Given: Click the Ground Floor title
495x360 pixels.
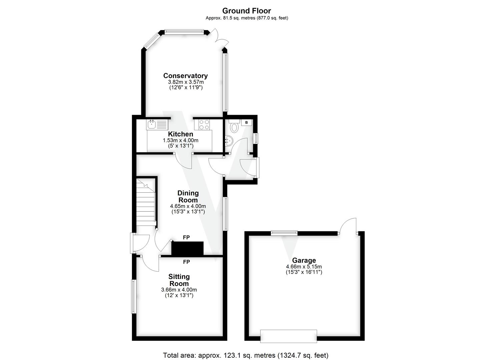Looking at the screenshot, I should [x=247, y=11].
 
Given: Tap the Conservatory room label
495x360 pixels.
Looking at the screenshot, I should [x=185, y=76].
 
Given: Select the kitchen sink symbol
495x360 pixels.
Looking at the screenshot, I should [x=157, y=125].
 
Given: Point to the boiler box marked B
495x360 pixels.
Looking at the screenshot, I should [x=247, y=122].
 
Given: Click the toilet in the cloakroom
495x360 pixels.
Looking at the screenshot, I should [x=234, y=127].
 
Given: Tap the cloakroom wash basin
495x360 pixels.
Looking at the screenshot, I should [x=229, y=140].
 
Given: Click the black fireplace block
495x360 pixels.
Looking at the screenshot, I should [x=187, y=248].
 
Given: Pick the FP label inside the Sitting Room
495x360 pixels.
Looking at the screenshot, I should [x=186, y=262].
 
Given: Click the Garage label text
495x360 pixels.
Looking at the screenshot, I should [x=304, y=260].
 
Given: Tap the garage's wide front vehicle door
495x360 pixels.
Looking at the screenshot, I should [x=289, y=336].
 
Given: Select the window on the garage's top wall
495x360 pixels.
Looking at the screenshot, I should [x=284, y=233].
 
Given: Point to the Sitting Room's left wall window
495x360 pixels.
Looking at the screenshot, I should [x=134, y=296].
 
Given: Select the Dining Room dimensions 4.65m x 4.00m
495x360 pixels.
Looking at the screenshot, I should [x=188, y=206].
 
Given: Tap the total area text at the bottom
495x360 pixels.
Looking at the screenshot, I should [x=246, y=355].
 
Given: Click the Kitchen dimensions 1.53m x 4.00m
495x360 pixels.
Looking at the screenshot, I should [x=180, y=140].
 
